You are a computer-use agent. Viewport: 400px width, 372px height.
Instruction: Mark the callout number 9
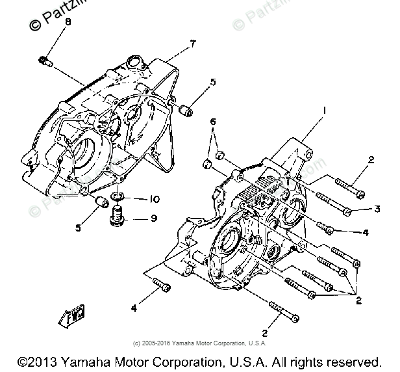[x=154, y=218]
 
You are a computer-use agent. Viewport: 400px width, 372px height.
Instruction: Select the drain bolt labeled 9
[x=118, y=216]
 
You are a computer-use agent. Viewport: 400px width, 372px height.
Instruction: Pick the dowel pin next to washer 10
[x=100, y=202]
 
